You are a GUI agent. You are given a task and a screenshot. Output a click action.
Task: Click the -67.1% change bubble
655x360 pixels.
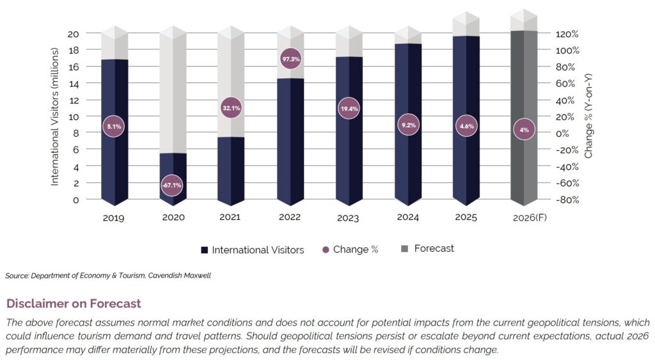171,185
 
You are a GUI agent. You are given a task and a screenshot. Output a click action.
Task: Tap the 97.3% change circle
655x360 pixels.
290,59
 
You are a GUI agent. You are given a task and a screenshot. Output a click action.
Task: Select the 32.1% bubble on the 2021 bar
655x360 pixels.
230,109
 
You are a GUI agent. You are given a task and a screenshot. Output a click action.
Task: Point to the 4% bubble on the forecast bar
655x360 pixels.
524,130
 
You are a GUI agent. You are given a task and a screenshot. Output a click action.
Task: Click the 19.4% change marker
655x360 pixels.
349,109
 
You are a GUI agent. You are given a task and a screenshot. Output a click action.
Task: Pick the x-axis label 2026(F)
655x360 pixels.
525,217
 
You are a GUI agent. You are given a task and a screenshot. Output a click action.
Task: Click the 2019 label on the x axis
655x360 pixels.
113,217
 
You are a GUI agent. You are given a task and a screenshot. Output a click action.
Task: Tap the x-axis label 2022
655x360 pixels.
290,217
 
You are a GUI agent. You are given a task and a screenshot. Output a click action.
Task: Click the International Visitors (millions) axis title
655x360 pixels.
55,120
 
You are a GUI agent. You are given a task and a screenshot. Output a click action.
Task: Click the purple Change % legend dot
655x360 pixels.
325,249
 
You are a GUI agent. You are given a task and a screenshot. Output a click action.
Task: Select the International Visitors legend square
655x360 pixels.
204,250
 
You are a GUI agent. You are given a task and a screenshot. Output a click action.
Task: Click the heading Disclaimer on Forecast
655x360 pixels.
74,303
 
